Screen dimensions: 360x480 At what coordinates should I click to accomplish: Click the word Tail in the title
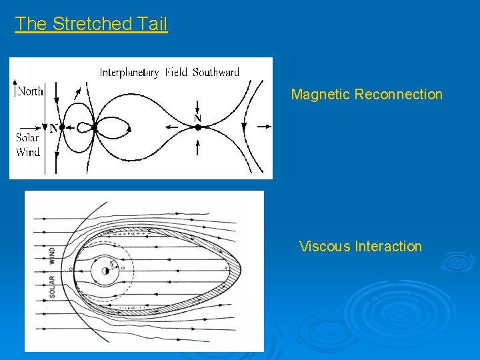(x=152, y=24)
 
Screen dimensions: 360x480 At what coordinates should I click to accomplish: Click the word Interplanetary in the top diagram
(x=129, y=73)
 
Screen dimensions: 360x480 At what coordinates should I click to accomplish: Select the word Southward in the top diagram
(x=216, y=73)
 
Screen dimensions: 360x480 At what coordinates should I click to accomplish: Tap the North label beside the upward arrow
(x=30, y=91)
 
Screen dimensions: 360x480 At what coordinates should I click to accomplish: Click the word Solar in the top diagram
(x=27, y=138)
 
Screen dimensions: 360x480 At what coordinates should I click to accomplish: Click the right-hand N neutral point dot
(x=197, y=127)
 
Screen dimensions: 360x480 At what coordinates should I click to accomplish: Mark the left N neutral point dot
(x=61, y=127)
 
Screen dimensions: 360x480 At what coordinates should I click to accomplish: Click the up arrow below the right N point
(x=197, y=147)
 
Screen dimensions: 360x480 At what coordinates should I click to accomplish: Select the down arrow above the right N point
(x=197, y=107)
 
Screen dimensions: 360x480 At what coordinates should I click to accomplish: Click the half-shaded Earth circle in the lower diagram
(x=107, y=270)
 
